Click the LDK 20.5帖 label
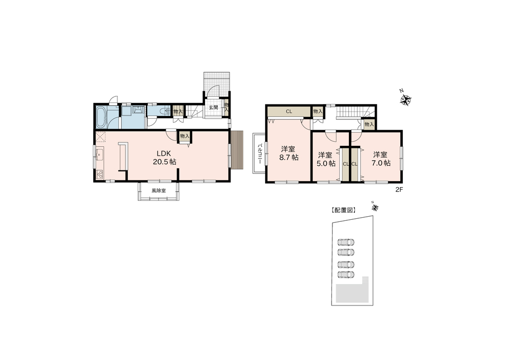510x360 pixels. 165,158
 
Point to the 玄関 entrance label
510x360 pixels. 213,107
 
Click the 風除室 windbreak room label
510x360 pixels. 159,191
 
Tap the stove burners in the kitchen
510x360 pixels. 99,174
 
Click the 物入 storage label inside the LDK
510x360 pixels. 185,136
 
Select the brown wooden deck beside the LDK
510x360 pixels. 238,149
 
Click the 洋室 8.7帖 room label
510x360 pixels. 289,153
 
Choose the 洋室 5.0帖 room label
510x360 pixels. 326,159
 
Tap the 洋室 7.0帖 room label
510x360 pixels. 380,159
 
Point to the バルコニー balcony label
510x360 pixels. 260,153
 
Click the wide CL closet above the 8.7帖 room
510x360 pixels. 289,112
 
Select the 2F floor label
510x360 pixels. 399,190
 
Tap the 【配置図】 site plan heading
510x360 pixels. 343,211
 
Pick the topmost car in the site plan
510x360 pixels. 346,242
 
